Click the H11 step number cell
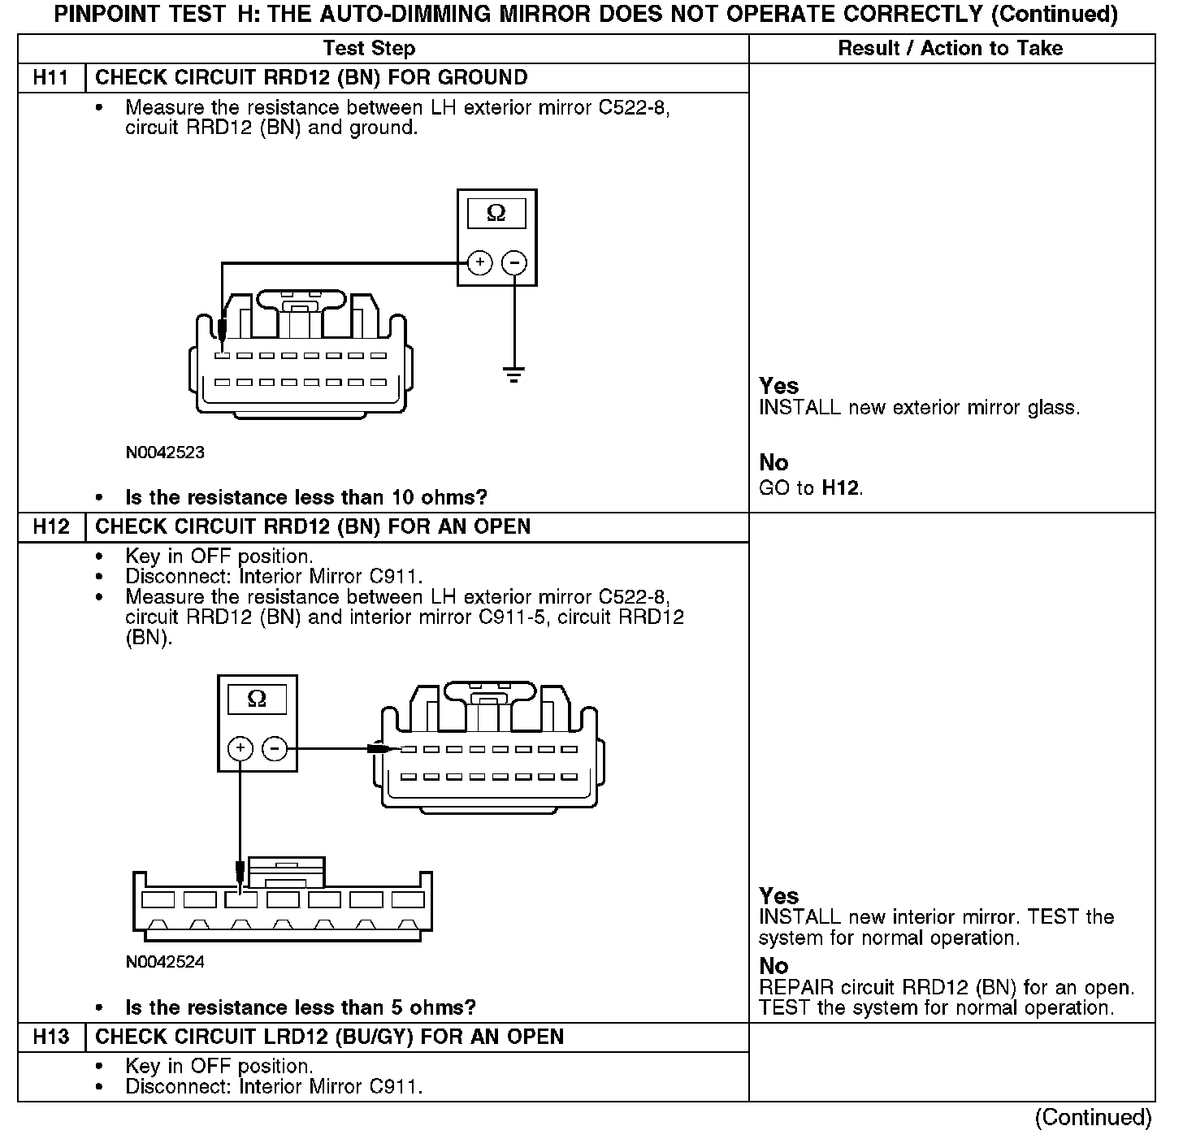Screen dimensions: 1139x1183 [x=50, y=78]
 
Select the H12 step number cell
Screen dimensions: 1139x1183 [x=50, y=526]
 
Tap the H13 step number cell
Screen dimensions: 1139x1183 [x=50, y=1037]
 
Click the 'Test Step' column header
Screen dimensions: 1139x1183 [x=369, y=49]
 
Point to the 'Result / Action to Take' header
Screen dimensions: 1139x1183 [x=950, y=49]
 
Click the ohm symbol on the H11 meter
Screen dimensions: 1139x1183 [x=496, y=214]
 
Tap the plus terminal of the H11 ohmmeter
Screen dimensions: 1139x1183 [x=480, y=262]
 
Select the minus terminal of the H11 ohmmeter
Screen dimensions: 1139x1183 [x=513, y=262]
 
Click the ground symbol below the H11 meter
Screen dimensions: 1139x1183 [x=513, y=375]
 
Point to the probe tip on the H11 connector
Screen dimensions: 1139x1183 [x=222, y=333]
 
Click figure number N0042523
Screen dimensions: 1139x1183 [x=165, y=453]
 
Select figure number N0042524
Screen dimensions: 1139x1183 [x=165, y=963]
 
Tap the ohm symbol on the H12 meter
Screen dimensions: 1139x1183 [x=257, y=699]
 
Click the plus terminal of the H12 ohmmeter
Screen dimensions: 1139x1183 [x=240, y=748]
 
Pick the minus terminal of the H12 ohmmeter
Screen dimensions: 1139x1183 [x=275, y=748]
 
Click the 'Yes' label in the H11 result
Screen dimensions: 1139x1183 [x=778, y=386]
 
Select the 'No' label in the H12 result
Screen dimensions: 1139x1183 [x=773, y=966]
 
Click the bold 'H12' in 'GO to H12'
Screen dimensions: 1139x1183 [x=841, y=488]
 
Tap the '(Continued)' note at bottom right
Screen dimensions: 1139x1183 [x=1093, y=1118]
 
